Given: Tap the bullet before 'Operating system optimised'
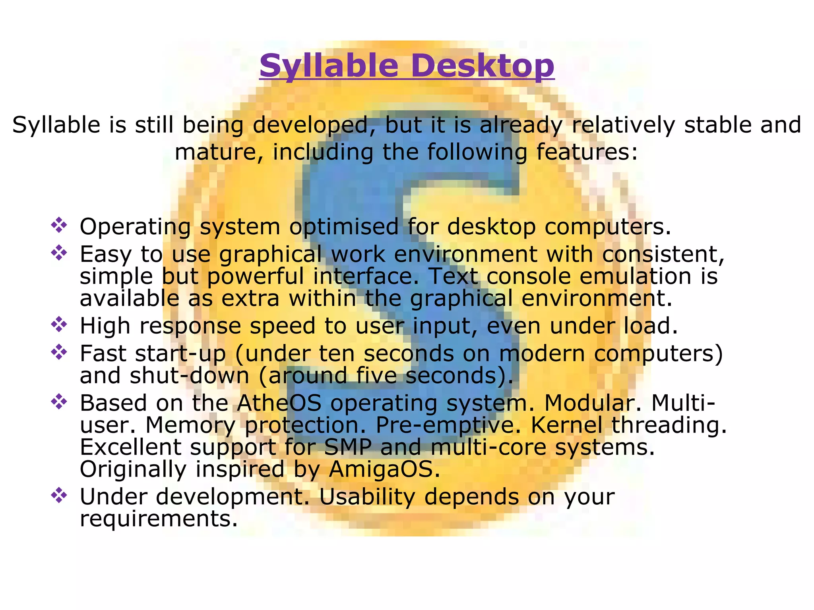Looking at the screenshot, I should tap(59, 225).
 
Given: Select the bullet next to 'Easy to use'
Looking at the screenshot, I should tap(59, 253).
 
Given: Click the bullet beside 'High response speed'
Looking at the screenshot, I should tap(59, 324).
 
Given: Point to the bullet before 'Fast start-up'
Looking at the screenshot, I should tap(59, 352).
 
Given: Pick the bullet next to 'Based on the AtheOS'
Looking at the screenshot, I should tap(59, 402).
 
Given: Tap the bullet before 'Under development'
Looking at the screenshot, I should tap(59, 496).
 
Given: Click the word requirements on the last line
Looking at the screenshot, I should tap(159, 519).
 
